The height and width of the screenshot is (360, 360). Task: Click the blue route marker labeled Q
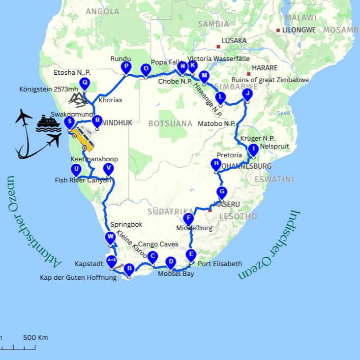click(x=85, y=84)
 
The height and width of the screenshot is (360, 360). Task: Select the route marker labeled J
click(x=247, y=93)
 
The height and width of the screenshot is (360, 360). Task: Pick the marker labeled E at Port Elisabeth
click(x=191, y=255)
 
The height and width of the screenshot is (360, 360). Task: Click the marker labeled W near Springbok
click(x=110, y=238)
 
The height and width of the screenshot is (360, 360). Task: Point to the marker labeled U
click(x=76, y=170)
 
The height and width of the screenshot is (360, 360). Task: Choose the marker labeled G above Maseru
click(x=222, y=192)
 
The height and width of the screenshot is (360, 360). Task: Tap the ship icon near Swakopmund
click(x=48, y=123)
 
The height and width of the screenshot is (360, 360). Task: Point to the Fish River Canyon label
click(x=83, y=180)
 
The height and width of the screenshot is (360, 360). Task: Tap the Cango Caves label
click(x=158, y=244)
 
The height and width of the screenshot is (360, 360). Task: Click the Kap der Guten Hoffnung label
click(x=78, y=278)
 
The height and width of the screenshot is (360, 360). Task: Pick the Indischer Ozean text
click(x=270, y=246)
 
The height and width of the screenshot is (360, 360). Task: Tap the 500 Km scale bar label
click(x=35, y=337)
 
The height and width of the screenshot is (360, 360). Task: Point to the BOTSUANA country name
click(x=170, y=123)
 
